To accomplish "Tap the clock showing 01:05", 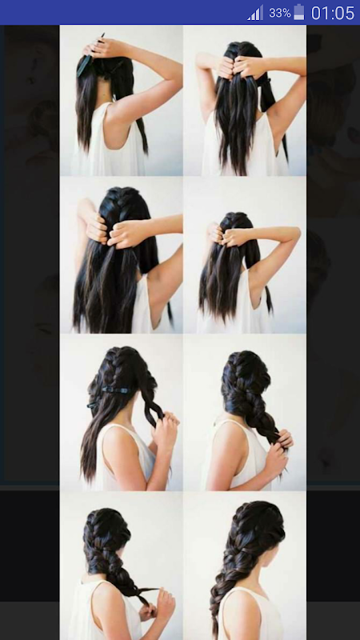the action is pos(333,13).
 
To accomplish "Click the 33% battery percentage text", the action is pos(279,13).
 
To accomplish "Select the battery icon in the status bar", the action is pos(299,12).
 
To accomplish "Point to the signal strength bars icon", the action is pos(255,13).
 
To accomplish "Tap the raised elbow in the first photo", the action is pos(173,74).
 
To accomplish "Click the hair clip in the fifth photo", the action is pos(116,390).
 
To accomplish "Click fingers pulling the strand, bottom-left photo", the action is pos(162,602).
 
